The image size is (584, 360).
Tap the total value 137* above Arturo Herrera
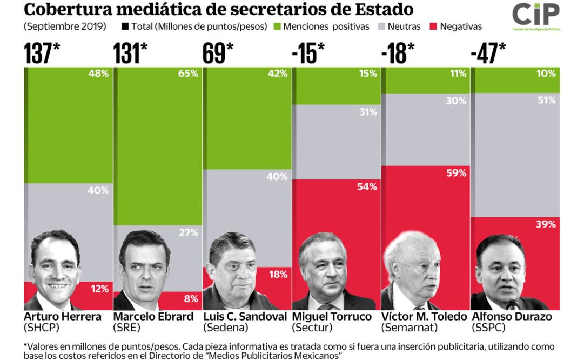tap(41, 53)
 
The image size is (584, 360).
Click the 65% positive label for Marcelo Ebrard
tap(189, 74)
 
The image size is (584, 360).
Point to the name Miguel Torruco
tap(332, 317)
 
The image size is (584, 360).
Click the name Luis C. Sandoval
tap(245, 317)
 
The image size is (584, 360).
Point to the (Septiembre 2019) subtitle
tap(65, 26)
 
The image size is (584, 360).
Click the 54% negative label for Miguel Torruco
tap(367, 186)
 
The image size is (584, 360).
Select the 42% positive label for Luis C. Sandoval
tap(278, 74)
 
